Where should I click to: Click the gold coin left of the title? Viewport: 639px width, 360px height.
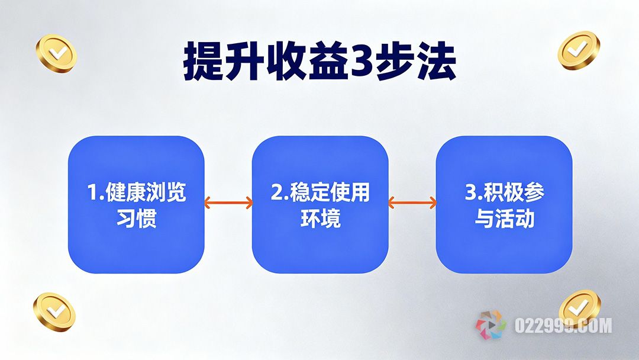point(56,53)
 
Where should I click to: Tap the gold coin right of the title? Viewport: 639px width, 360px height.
point(579,50)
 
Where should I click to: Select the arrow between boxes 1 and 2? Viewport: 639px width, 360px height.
point(228,203)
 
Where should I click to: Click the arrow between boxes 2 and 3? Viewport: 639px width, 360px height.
point(412,203)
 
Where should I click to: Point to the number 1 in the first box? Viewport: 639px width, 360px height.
point(92,194)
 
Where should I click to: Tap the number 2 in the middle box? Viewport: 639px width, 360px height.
point(276,194)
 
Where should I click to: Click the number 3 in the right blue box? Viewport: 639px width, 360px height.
point(470,194)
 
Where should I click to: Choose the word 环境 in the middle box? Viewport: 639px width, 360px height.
point(320,220)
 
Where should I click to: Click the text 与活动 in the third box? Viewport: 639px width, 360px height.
point(504,220)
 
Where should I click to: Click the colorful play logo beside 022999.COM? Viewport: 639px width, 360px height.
point(491,326)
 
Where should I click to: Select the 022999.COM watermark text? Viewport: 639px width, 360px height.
point(563,326)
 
